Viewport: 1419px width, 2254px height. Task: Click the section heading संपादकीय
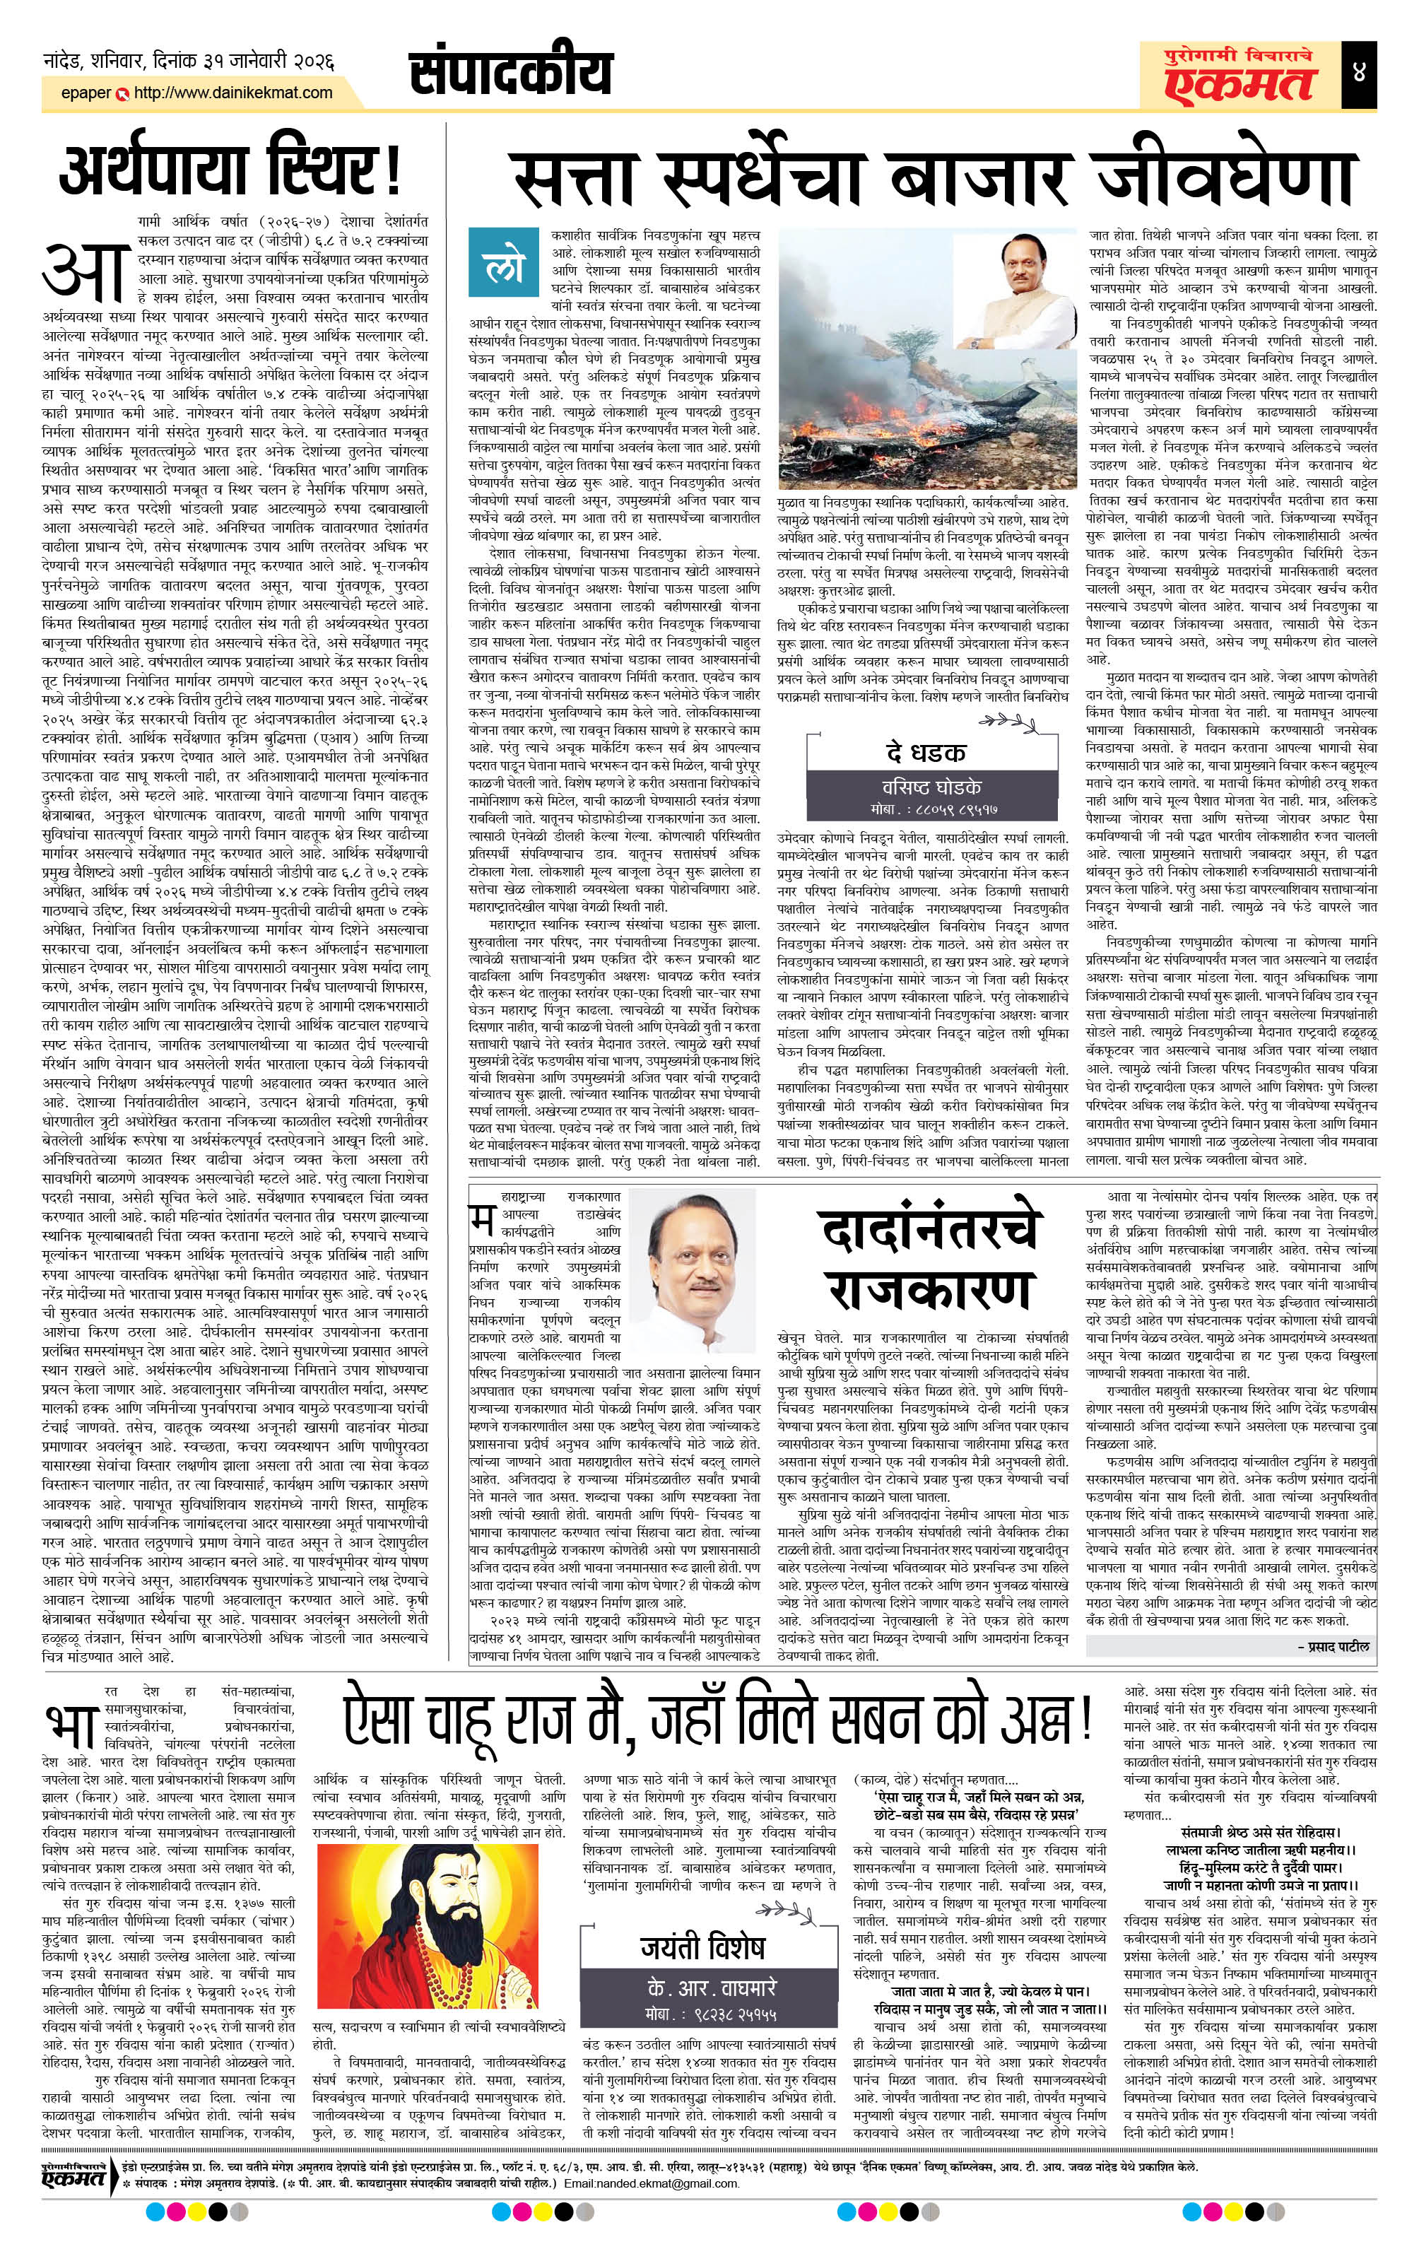511,73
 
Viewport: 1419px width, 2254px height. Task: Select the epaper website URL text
233,93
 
